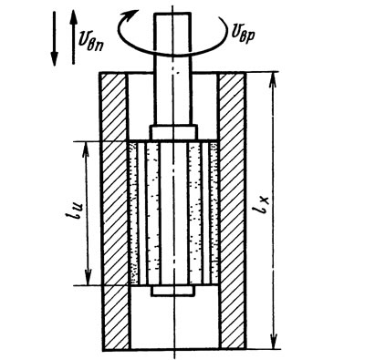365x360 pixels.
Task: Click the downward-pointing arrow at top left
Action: [x=54, y=38]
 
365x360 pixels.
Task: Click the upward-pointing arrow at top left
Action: [x=73, y=37]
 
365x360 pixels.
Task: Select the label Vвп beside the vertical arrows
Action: [x=92, y=39]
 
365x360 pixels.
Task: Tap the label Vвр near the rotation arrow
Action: [x=244, y=32]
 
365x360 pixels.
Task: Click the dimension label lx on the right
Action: [x=261, y=206]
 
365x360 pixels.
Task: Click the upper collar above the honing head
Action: [x=173, y=132]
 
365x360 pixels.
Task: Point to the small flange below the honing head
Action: [x=172, y=291]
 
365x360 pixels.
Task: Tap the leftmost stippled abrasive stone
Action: [x=133, y=213]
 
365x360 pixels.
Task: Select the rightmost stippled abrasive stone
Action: [x=214, y=213]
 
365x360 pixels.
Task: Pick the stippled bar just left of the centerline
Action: [x=152, y=213]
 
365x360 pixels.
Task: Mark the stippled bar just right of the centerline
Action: [x=195, y=213]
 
